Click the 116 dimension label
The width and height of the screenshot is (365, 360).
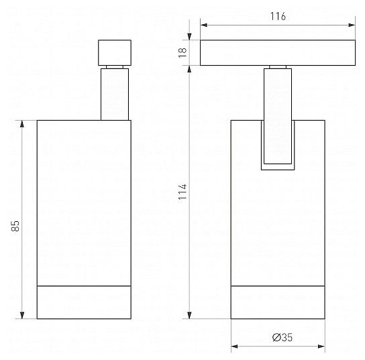click(x=278, y=16)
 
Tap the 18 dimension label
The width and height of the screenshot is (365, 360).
click(x=182, y=53)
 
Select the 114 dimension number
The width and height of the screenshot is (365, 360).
click(x=182, y=192)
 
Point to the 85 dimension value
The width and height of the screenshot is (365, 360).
click(x=15, y=226)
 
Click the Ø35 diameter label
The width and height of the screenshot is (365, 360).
click(x=282, y=337)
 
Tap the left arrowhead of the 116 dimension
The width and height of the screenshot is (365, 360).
click(x=204, y=25)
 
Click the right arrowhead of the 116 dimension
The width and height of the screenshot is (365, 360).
click(x=352, y=25)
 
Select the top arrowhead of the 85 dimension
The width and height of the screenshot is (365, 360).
click(x=22, y=124)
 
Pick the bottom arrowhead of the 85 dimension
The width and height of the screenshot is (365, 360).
click(x=22, y=315)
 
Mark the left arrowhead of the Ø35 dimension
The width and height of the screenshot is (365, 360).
click(x=234, y=347)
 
